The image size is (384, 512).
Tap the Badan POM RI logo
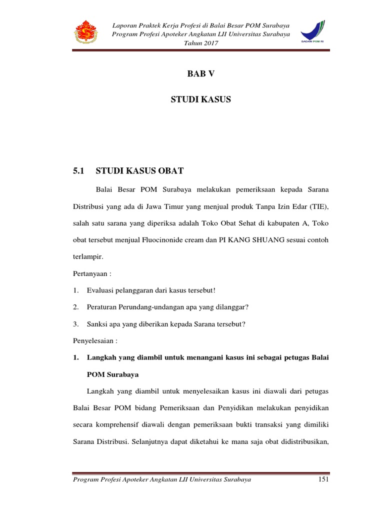coord(312,32)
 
